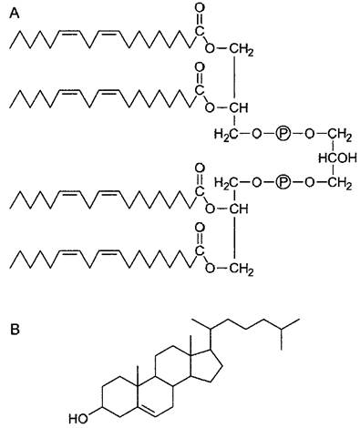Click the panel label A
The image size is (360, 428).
(15, 14)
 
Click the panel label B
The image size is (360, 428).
(15, 329)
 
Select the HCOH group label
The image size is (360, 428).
(337, 158)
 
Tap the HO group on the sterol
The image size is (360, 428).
(78, 419)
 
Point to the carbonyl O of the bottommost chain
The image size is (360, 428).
(200, 228)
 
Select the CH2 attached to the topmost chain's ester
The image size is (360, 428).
(241, 49)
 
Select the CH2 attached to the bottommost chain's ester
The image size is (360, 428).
(241, 269)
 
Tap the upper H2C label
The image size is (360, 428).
(226, 134)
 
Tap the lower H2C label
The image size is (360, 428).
(226, 183)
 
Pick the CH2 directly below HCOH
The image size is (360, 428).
(340, 183)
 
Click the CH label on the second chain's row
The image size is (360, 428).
(239, 107)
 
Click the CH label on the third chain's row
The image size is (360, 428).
(239, 209)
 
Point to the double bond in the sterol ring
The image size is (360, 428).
(149, 410)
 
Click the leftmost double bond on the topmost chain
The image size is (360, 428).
(69, 33)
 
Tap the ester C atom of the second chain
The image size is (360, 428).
(200, 90)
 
